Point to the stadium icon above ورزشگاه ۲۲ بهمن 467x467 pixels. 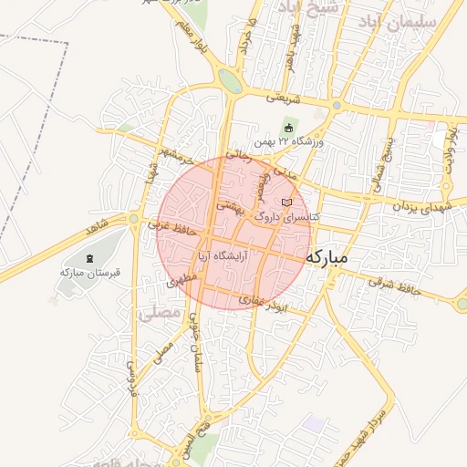(289, 128)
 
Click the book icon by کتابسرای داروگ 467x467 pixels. (288, 202)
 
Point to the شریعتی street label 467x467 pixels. (283, 95)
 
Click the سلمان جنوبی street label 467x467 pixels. (195, 340)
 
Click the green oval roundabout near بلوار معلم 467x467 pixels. (230, 82)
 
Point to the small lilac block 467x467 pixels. (315, 424)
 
